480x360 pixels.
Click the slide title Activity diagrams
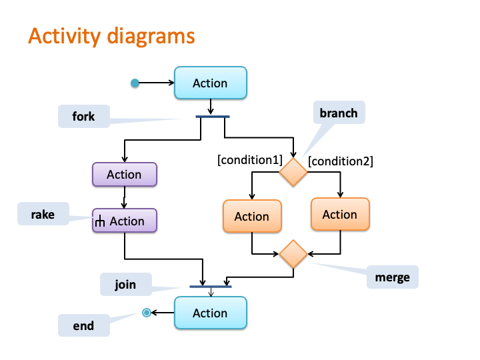111,37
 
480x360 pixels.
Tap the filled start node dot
135,83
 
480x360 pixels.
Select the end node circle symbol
147,313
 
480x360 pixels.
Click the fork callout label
83,116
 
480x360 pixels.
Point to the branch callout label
339,113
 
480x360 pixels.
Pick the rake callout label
43,214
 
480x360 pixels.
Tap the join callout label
125,284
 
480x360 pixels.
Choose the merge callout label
393,277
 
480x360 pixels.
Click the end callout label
83,325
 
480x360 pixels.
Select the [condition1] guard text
250,160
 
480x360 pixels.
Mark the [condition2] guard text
341,161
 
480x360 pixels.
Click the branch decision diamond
293,172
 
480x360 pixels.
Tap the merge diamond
293,254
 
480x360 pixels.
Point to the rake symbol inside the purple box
100,221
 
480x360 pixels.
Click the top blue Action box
211,83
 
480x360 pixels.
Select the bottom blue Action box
211,313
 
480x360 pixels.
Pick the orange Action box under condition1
252,216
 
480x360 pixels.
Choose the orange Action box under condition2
340,214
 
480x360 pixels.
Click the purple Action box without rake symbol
125,175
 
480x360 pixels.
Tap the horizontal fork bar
213,117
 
